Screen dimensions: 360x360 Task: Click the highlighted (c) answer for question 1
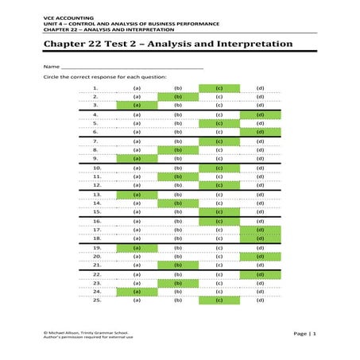[x=219, y=87]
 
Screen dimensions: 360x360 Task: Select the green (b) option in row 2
[x=178, y=96]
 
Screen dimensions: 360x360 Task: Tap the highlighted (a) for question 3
[x=137, y=105]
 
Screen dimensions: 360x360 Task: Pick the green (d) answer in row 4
[x=260, y=115]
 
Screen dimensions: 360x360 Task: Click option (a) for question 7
[x=137, y=141]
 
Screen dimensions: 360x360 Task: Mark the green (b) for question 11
[x=178, y=176]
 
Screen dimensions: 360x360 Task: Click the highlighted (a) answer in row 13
[x=137, y=195]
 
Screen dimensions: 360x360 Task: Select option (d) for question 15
[x=260, y=212]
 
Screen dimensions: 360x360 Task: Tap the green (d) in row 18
[x=260, y=238]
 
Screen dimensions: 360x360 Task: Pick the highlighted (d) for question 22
[x=260, y=274]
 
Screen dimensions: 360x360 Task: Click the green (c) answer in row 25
[x=219, y=300]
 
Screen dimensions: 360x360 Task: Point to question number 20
[x=97, y=257]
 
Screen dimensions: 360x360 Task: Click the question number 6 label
[x=95, y=132]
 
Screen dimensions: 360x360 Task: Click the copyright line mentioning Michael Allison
[x=87, y=332]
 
